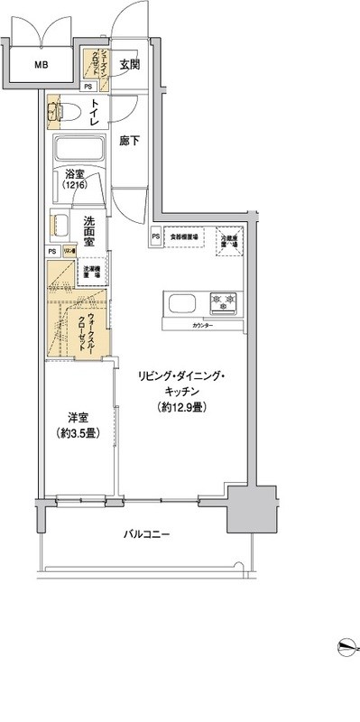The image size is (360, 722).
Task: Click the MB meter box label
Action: click(x=42, y=64)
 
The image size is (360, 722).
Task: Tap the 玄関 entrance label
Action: click(x=129, y=65)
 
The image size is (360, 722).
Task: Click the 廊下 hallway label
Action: click(x=129, y=143)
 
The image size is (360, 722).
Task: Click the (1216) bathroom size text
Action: click(x=76, y=185)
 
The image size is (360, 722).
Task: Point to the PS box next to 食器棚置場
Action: click(x=156, y=237)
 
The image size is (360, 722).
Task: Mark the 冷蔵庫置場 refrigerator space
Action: click(x=229, y=238)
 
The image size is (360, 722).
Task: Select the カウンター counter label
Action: click(x=203, y=324)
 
